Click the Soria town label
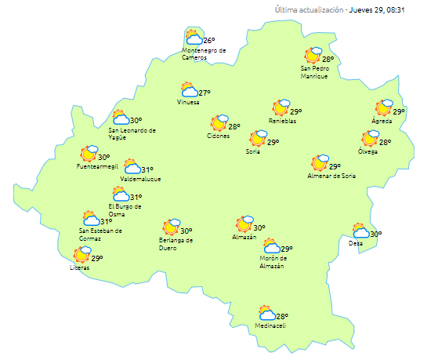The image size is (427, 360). pos(252,151)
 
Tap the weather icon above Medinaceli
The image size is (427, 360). pos(267,312)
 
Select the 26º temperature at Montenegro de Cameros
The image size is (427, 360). pos(209,41)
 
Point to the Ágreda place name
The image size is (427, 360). pos(382,121)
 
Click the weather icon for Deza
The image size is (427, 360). pos(360,231)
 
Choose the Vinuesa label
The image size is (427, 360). pos(188,103)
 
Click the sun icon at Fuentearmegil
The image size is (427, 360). pos(89,154)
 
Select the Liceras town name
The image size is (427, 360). pos(79,268)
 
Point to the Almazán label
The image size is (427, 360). pos(244,237)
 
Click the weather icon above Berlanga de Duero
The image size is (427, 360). pos(170,228)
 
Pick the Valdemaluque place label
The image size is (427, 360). pos(140,179)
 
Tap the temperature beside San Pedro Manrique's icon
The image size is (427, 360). pos(328,59)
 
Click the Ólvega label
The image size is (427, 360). pos(367,151)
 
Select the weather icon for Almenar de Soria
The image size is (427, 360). pos(319,163)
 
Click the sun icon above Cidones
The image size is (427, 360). pos(218,123)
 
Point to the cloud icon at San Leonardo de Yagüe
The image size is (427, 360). pos(120,118)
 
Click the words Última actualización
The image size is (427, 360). pos(309,9)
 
